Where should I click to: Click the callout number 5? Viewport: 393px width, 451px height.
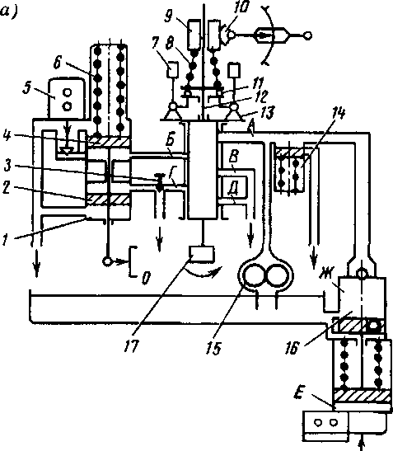point(26,88)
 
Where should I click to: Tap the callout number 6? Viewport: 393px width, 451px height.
point(57,62)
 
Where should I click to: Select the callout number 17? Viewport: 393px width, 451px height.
point(132,346)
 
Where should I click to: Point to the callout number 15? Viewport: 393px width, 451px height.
point(213,348)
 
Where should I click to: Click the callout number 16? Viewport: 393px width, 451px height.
point(292,348)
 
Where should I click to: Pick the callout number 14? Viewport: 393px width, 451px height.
point(339,112)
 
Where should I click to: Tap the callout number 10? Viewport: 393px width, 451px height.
point(241,7)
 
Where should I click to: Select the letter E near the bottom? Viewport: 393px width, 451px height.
point(299,393)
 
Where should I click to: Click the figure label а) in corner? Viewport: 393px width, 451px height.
point(8,12)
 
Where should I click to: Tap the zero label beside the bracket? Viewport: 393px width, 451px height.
point(146,278)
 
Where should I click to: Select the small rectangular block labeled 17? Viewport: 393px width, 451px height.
point(201,254)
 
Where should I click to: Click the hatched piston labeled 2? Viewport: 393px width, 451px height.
point(109,199)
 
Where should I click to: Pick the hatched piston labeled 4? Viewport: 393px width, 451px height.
point(109,141)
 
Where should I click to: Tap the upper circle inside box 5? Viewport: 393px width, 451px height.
point(68,92)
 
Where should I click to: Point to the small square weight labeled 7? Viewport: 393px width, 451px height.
point(172,70)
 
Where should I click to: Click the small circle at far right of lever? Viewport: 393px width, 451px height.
point(307,35)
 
